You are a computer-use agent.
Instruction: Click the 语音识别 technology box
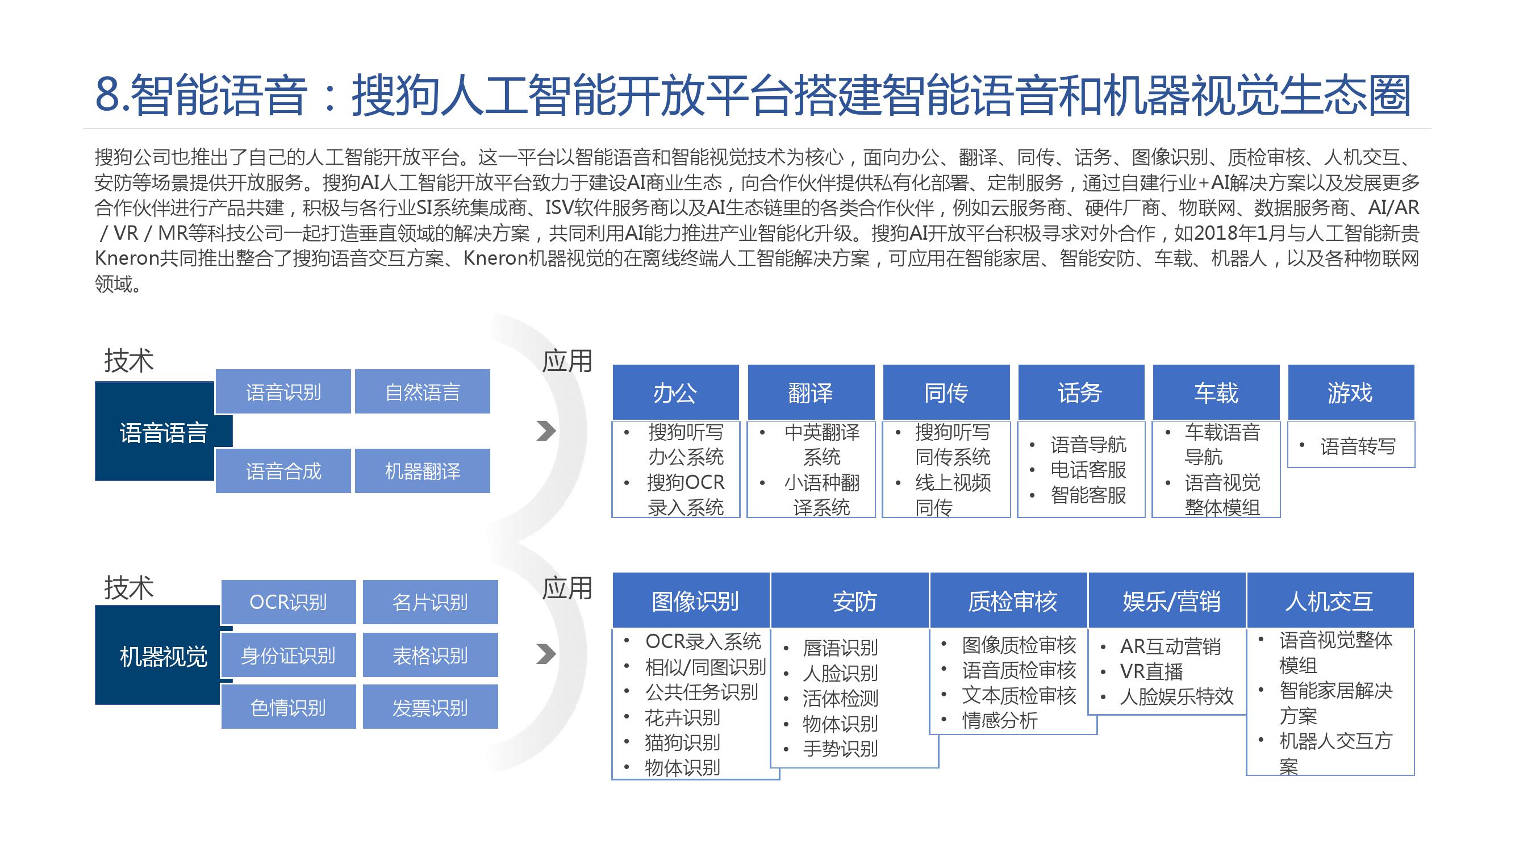[283, 391]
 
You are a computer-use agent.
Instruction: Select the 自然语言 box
[422, 391]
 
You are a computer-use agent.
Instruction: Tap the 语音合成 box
[283, 471]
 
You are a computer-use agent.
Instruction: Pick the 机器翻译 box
[422, 471]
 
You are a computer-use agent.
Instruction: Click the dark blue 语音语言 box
[164, 432]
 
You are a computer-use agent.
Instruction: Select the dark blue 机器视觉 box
[164, 655]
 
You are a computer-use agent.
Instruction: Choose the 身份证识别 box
[288, 655]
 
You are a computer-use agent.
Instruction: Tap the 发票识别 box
[430, 707]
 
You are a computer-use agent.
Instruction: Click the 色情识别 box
[288, 707]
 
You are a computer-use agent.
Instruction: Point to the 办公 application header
[675, 392]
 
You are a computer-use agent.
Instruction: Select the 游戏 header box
[1350, 392]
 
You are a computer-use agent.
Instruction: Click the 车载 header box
[1216, 392]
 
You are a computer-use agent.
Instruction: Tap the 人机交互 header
[1330, 600]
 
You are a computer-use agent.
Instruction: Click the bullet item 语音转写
[1358, 446]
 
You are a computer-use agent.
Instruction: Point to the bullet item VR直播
[1151, 671]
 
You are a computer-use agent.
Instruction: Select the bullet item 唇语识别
[840, 648]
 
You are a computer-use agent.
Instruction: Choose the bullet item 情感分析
[1000, 720]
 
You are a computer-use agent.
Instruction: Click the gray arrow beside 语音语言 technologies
[546, 431]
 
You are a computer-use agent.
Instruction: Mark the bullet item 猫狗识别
[682, 742]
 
